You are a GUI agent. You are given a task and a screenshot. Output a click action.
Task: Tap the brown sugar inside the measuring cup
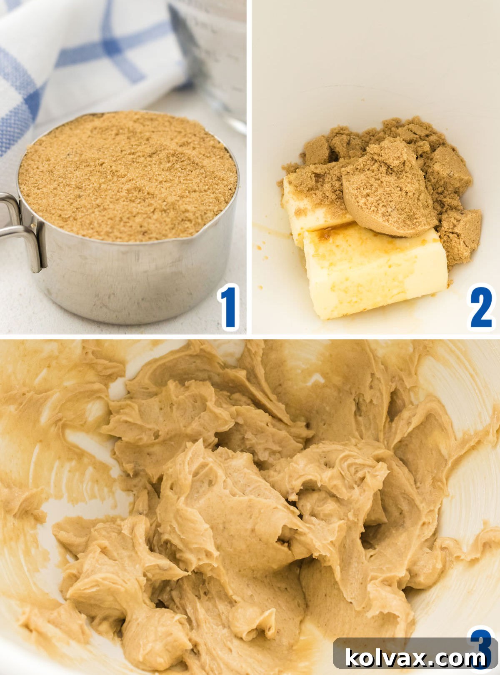pos(125,175)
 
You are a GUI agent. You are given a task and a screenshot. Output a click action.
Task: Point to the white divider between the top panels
pos(249,167)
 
